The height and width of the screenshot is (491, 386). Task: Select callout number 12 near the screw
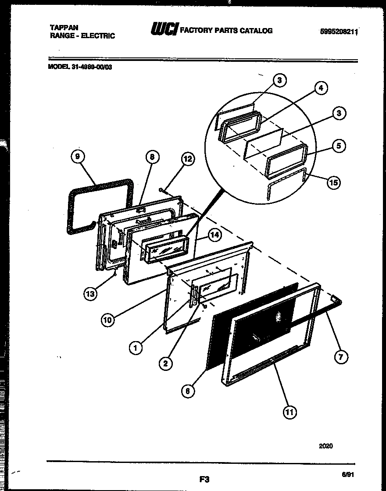pyautogui.click(x=187, y=160)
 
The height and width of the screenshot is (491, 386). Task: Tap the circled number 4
pyautogui.click(x=321, y=88)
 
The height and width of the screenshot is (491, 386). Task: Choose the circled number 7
pyautogui.click(x=341, y=357)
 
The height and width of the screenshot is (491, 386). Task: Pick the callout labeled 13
pyautogui.click(x=90, y=294)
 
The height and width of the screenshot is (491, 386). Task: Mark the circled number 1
pyautogui.click(x=136, y=348)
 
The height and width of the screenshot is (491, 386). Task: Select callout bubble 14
pyautogui.click(x=214, y=235)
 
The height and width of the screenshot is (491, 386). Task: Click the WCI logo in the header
pyautogui.click(x=164, y=30)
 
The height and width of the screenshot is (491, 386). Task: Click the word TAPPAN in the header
pyautogui.click(x=64, y=27)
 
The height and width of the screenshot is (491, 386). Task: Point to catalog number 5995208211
pyautogui.click(x=339, y=32)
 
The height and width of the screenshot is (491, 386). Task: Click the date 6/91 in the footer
pyautogui.click(x=347, y=474)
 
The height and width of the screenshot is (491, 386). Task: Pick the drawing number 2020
pyautogui.click(x=325, y=446)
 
